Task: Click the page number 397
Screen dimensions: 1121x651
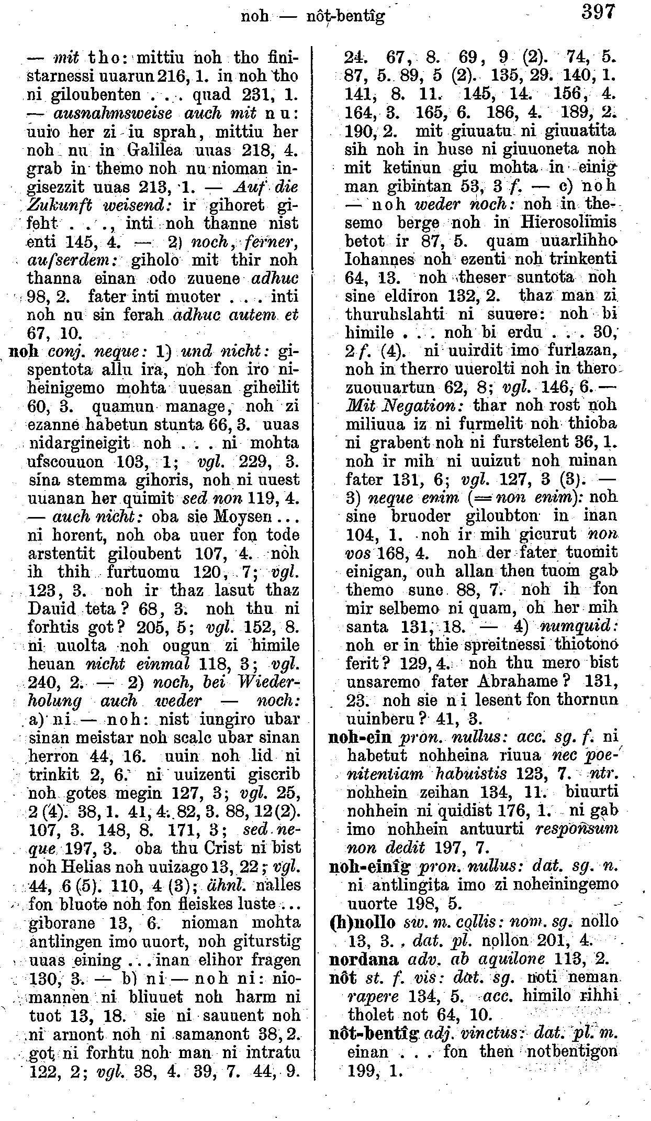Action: click(x=597, y=12)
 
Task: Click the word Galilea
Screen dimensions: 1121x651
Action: click(x=158, y=150)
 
